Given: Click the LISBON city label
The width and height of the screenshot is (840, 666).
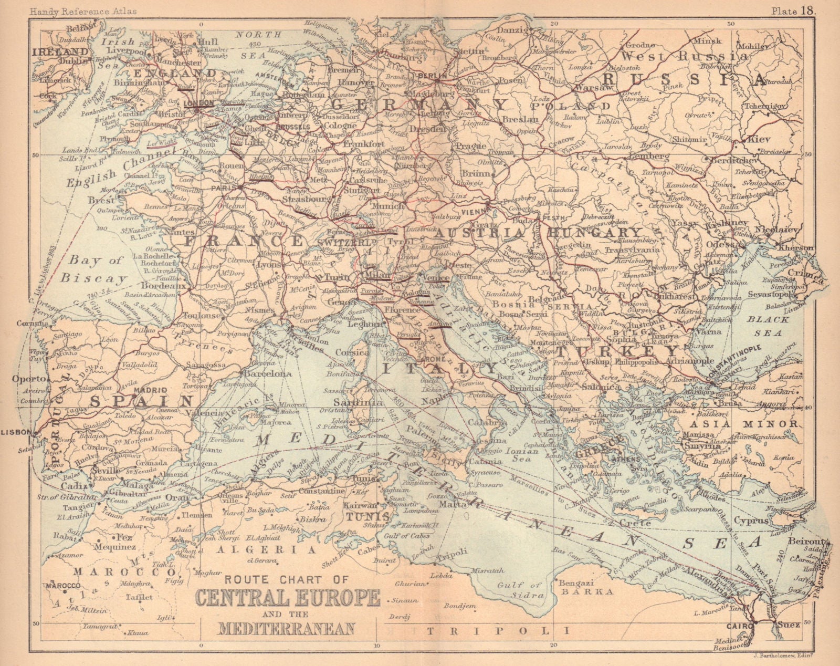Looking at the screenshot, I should pyautogui.click(x=17, y=432).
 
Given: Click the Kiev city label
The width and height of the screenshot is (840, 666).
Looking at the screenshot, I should pyautogui.click(x=760, y=140).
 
